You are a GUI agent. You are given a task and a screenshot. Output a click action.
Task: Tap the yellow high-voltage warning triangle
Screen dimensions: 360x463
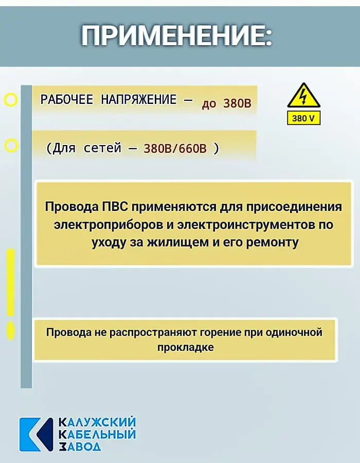point(303,95)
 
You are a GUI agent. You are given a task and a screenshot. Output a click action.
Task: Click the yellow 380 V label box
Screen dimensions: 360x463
point(303,118)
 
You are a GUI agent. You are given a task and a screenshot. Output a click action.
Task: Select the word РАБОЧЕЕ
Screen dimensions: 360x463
point(67,99)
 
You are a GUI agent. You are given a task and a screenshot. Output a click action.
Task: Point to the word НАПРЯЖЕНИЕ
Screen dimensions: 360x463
point(139,99)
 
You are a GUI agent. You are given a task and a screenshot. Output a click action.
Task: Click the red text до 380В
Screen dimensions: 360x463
point(226,103)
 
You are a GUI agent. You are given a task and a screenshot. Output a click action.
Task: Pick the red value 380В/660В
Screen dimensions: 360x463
point(175,148)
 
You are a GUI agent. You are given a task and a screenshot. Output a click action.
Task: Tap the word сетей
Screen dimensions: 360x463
point(102,148)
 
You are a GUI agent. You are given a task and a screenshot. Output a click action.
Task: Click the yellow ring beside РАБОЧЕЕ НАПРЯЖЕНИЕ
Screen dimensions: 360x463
point(11,100)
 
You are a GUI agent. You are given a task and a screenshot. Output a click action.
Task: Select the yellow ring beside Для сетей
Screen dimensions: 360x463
point(11,145)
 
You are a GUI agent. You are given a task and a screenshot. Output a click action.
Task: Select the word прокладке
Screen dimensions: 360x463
point(185,347)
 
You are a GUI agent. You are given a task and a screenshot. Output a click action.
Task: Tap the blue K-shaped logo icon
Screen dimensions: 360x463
point(36,434)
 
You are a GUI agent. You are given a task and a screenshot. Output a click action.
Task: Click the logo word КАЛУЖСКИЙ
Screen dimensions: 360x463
point(97,422)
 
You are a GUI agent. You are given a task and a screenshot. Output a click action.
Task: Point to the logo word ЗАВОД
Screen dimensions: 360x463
point(80,447)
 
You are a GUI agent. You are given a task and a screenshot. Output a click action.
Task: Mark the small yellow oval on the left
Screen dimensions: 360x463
point(11,331)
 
